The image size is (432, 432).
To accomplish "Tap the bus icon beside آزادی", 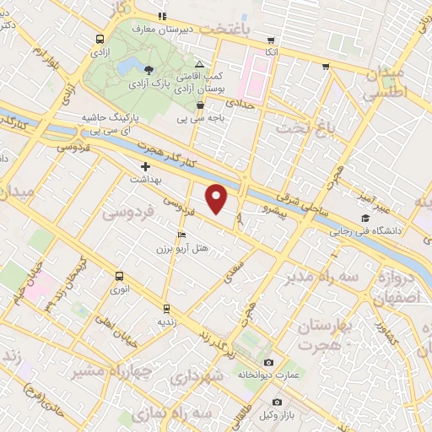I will tap(100, 39).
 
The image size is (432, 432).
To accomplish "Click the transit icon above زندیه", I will tap(165, 308).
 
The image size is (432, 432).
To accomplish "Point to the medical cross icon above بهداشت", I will tap(145, 167).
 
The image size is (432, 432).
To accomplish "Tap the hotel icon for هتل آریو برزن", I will tap(181, 235).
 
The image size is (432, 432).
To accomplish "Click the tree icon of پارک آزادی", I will tap(149, 71).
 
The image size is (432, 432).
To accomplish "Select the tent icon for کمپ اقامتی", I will tap(199, 64).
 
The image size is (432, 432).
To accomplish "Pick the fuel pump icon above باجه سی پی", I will tap(200, 105).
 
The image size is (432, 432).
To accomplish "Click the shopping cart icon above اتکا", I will tap(269, 39).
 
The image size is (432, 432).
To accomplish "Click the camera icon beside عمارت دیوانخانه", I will tap(269, 361).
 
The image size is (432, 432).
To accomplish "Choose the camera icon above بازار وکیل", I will tap(277, 402).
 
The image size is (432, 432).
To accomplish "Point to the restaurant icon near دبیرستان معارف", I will tap(162, 16).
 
